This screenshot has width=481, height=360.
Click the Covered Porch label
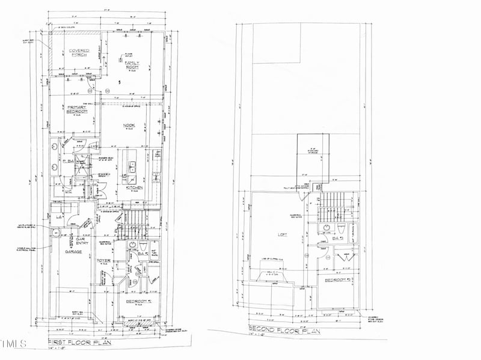[79, 53]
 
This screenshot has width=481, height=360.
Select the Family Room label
[131, 64]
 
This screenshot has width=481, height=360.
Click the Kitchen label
[134, 188]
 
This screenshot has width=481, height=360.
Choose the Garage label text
[73, 252]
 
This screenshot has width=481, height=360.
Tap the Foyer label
[103, 260]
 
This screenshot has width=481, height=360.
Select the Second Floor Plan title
[282, 330]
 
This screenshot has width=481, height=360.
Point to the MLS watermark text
[13, 344]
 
